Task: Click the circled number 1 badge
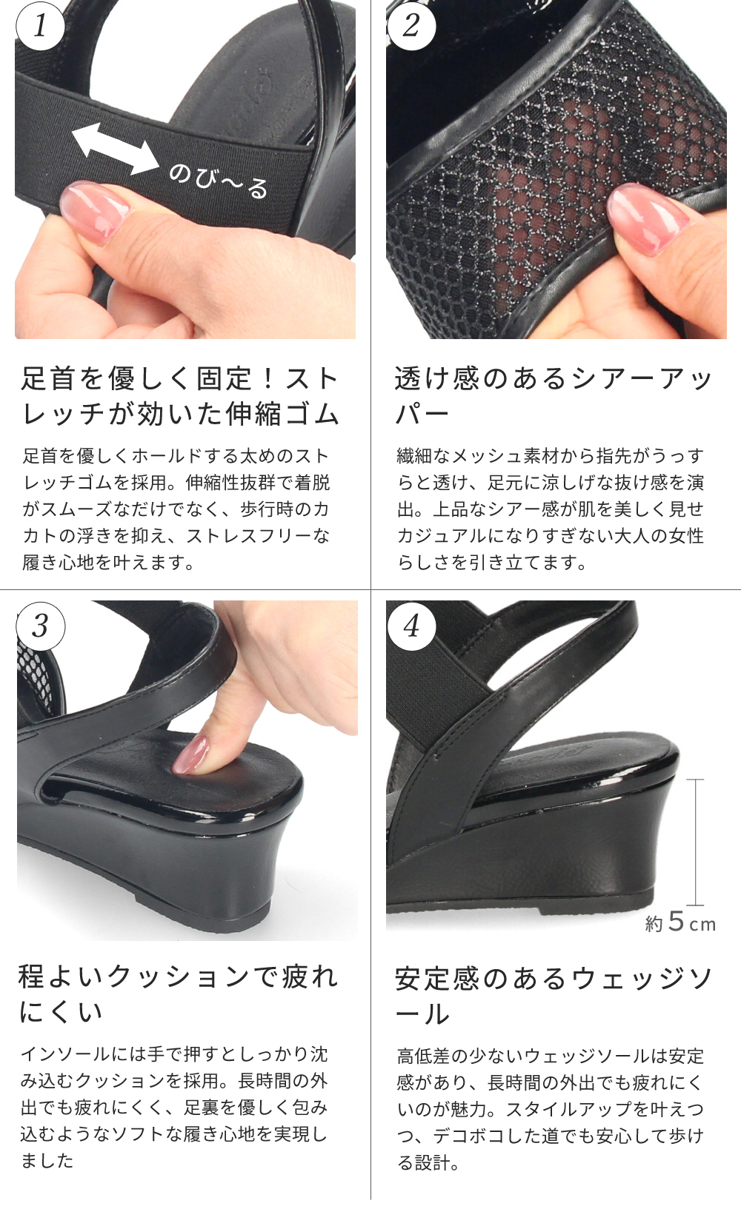point(41,26)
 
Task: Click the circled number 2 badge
point(411,26)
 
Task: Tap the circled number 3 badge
point(41,626)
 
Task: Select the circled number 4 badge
point(411,626)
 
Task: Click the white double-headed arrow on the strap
point(115,148)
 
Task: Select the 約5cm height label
point(680,922)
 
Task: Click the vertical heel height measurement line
point(695,842)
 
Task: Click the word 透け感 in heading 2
point(437,378)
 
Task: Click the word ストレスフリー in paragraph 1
point(249,536)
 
